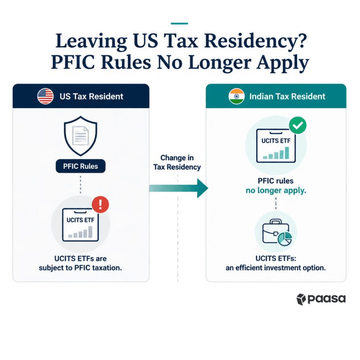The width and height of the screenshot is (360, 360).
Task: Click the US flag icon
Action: [x=45, y=96]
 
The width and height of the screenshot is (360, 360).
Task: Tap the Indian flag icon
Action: [x=237, y=96]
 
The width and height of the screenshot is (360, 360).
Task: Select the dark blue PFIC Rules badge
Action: [x=81, y=166]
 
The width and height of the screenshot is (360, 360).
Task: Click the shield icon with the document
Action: [x=81, y=136]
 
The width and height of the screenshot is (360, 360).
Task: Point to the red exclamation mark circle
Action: [x=100, y=205]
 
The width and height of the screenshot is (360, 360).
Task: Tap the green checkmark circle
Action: [x=298, y=126]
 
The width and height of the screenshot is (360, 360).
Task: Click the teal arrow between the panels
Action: [x=179, y=188]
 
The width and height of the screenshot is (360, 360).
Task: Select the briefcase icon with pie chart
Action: [x=277, y=232]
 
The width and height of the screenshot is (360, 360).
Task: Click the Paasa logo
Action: [x=321, y=299]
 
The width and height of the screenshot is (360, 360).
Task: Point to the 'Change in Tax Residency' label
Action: [x=177, y=162]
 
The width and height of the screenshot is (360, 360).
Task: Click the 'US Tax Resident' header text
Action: [x=91, y=96]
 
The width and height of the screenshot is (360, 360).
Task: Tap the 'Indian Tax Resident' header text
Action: [x=287, y=96]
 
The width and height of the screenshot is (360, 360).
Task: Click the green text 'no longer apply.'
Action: [x=276, y=190]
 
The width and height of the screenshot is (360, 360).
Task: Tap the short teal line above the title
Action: [x=179, y=24]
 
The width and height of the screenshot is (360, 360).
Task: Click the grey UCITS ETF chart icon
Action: [x=81, y=225]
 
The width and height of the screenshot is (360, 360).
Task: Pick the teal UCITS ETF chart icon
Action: [x=276, y=146]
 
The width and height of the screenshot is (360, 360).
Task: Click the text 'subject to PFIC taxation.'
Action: [x=81, y=268]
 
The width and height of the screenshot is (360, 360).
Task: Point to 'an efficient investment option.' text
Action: [x=276, y=268]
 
